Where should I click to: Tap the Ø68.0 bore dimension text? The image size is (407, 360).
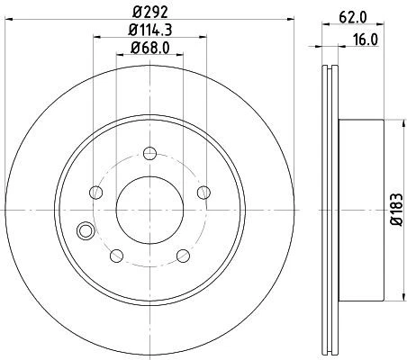[149, 50]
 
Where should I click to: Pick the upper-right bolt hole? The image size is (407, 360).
[203, 191]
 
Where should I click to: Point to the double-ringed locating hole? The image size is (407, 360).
[86, 230]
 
